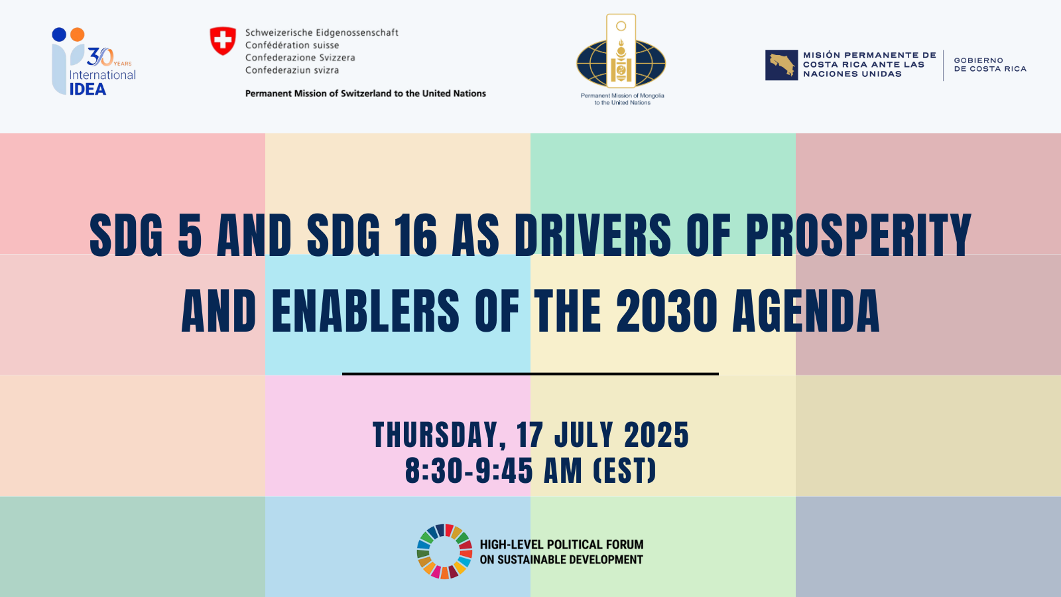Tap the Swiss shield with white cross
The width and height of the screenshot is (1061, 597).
coord(223,41)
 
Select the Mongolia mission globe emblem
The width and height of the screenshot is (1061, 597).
coord(621,61)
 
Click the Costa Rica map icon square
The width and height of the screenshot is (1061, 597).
coord(782,65)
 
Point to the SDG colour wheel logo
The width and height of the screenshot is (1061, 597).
coord(444,551)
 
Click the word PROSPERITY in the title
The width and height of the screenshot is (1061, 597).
coord(858,235)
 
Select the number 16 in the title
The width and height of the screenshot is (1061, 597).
coord(416,235)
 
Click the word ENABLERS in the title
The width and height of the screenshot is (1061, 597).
coord(365,311)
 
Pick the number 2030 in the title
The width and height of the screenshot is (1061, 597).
coord(666,311)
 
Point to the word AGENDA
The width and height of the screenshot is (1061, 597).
coord(806,311)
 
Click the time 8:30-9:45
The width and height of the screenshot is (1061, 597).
coord(469,471)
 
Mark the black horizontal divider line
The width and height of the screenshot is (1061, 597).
coord(530,374)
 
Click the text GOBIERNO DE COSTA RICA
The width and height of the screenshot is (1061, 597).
coord(990,64)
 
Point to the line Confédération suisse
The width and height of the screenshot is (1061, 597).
coord(292,45)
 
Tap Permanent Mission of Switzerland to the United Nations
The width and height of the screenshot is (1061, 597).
coord(365,94)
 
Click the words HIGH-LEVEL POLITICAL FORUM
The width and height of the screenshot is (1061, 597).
coord(562,545)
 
